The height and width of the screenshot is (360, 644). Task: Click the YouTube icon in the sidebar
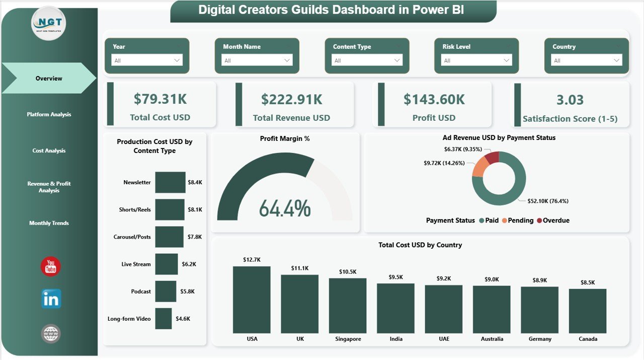coord(50,267)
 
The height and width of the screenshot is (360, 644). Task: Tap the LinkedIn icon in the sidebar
coord(51,299)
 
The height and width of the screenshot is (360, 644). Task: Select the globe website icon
coord(51,334)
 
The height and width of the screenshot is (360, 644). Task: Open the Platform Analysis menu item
coord(49,114)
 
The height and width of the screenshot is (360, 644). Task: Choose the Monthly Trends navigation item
coord(49,223)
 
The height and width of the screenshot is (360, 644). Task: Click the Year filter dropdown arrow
coord(177,60)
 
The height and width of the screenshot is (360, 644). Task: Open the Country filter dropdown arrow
coord(616,60)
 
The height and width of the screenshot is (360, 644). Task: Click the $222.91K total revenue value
coord(292,100)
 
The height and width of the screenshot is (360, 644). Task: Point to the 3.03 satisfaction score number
coord(570,100)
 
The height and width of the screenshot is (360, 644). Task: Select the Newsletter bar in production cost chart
coord(170,182)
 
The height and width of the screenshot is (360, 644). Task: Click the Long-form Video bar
coord(163,319)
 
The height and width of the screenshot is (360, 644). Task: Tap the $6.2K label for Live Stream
coord(189,264)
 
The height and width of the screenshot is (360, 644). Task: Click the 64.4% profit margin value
coord(285,208)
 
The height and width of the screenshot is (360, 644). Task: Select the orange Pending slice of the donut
coord(480,166)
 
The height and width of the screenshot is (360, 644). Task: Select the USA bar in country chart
coord(252,300)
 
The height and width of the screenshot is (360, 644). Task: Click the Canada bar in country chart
coord(588,311)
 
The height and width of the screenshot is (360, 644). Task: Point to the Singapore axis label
coord(348,339)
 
